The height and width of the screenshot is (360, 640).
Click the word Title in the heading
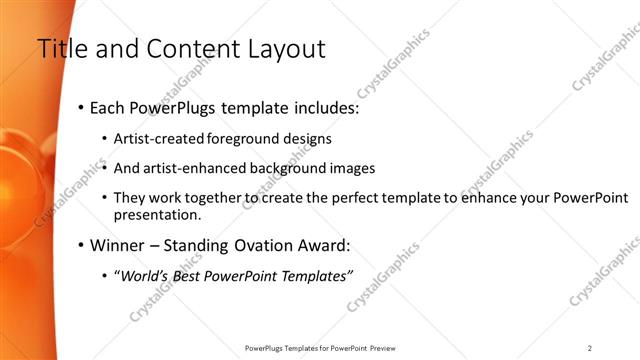pyautogui.click(x=61, y=49)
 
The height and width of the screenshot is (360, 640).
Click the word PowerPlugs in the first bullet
pyautogui.click(x=173, y=107)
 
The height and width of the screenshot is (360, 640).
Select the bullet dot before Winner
pyautogui.click(x=80, y=245)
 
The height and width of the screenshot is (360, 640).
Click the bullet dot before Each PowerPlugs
pyautogui.click(x=80, y=108)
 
